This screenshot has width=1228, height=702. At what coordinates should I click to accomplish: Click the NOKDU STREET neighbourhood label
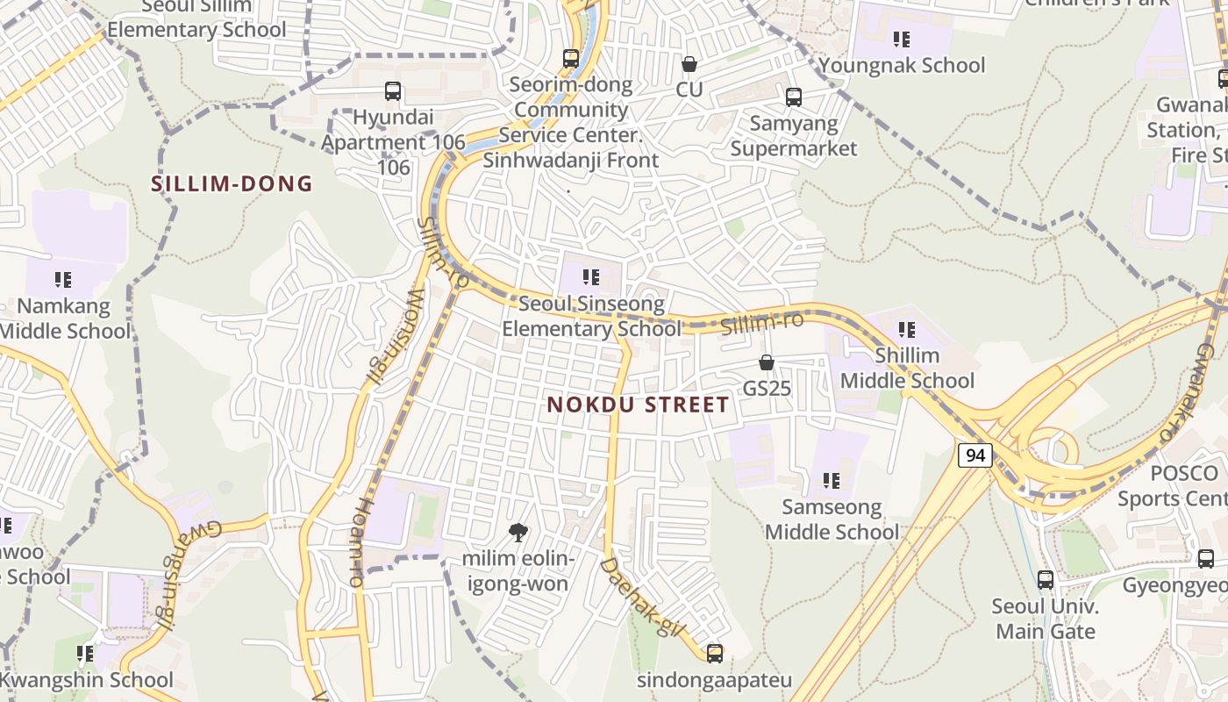point(638,405)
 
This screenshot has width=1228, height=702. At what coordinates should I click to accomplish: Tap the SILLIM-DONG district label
point(232,184)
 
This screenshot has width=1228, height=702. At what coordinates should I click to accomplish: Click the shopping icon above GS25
point(767,362)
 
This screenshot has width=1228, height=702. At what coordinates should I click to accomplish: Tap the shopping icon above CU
point(689,64)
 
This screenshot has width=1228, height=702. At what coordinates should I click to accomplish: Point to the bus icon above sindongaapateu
point(715,653)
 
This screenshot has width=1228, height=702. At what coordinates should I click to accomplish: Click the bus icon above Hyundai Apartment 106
point(393,91)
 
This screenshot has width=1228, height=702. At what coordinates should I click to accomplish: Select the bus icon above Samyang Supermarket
point(794,97)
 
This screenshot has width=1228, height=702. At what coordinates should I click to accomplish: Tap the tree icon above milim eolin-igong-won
point(518,532)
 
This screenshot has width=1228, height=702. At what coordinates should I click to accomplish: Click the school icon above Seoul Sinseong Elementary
point(591,278)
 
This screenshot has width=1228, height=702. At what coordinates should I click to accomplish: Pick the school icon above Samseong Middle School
point(832,481)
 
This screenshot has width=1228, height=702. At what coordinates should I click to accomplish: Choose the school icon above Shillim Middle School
point(907,330)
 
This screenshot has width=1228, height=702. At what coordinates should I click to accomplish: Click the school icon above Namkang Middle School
point(63,280)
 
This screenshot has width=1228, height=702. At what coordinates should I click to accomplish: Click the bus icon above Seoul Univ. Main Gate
point(1045,580)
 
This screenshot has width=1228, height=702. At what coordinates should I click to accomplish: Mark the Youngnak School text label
point(902,66)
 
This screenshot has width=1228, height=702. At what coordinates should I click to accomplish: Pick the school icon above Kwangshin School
point(85,654)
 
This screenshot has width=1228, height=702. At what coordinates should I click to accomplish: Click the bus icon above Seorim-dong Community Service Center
point(571,59)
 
